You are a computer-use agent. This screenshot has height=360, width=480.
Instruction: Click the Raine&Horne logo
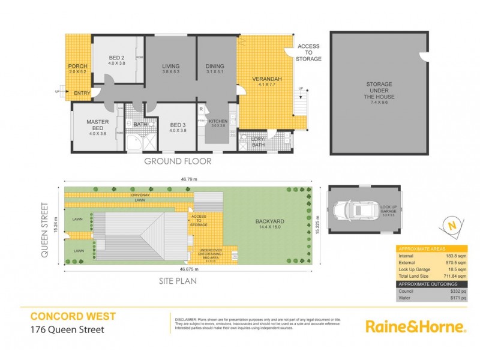pos(416,326)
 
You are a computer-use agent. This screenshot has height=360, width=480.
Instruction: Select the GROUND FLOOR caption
pos(177,161)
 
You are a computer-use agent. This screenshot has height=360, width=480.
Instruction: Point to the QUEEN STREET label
pos(45,229)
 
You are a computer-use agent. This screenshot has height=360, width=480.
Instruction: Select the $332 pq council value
pos(459,290)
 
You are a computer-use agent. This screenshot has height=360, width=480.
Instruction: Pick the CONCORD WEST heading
pos(73,316)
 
